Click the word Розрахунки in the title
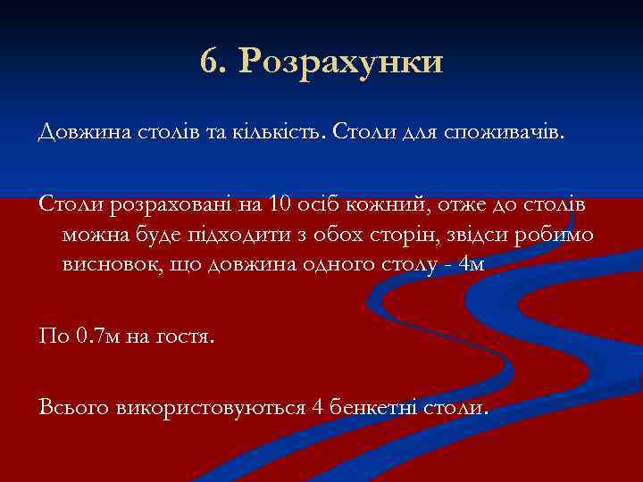(x=342, y=62)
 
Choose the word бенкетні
(x=374, y=408)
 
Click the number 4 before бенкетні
(x=318, y=408)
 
